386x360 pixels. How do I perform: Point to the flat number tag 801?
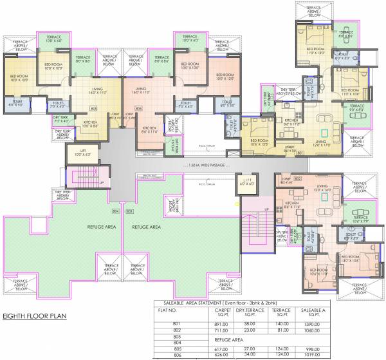[300, 153]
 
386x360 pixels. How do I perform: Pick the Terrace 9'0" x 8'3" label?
[357, 108]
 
